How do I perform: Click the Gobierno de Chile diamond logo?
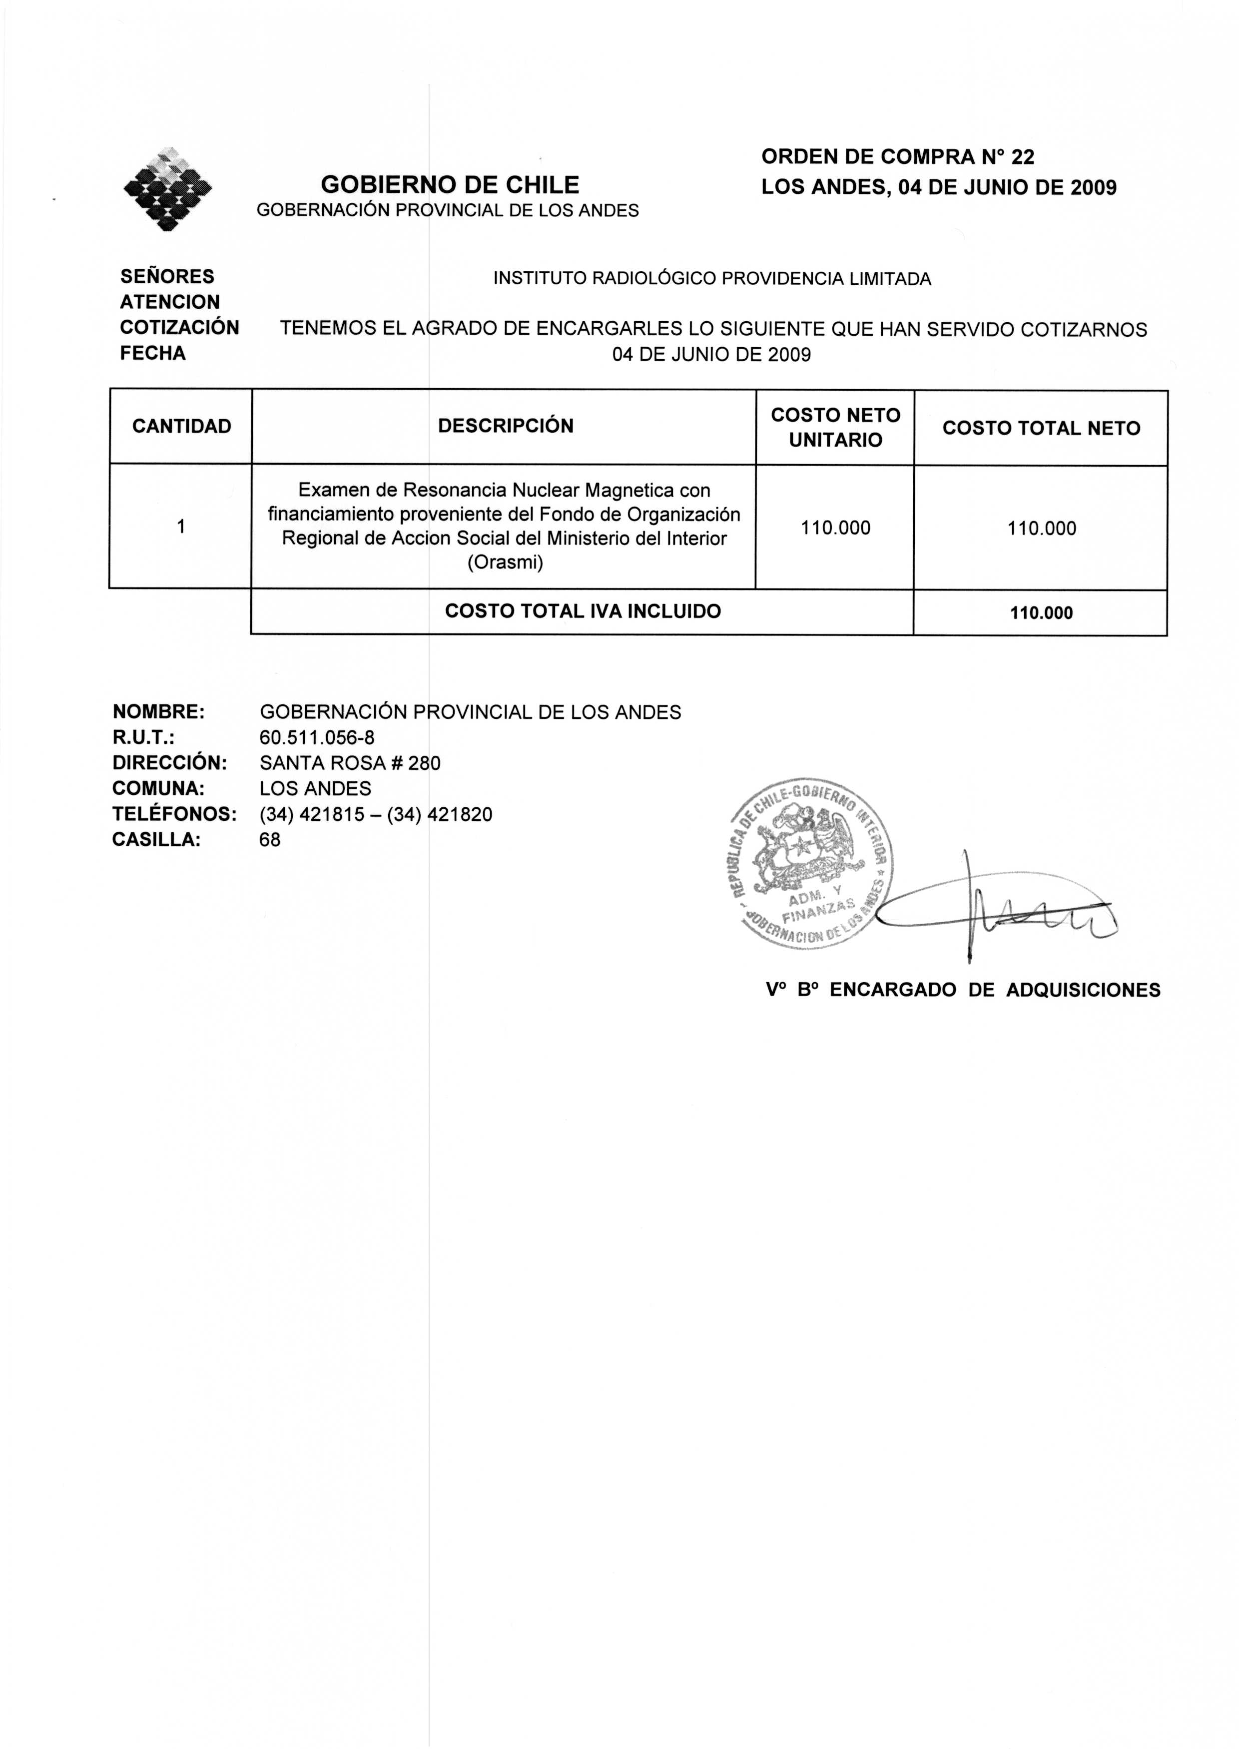pos(168,189)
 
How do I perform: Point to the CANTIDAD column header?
pos(181,426)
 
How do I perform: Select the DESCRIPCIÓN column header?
pos(505,426)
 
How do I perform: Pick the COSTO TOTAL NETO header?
pos(1041,428)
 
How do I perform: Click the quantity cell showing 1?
pos(181,527)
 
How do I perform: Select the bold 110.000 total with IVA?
pos(1041,612)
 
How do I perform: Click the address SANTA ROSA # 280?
pos(349,763)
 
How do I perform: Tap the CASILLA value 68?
pos(270,840)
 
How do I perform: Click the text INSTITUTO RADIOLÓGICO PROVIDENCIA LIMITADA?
pos(712,279)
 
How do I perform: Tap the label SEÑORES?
pos(167,276)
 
